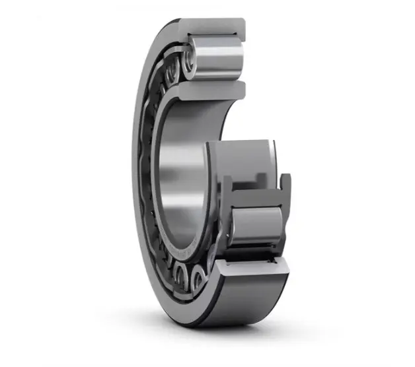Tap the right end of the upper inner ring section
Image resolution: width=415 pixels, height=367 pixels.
pos(242,88)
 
